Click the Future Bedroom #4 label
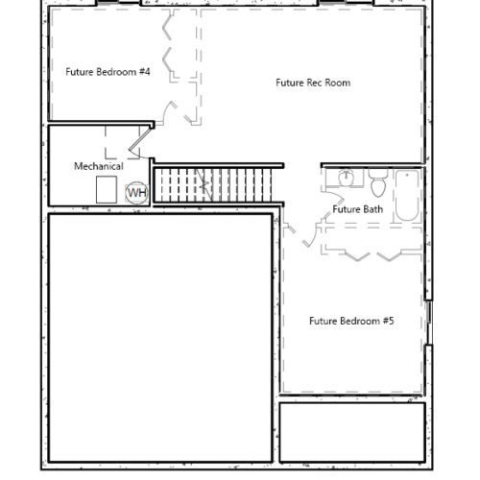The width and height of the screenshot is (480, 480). coord(108,72)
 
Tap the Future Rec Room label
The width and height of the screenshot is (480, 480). coord(313,83)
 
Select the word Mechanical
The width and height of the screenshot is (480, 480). coord(99,166)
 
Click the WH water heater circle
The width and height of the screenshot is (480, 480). coord(137,193)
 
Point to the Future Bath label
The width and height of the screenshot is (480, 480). coord(357,209)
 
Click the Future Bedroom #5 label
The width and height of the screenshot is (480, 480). coord(351,321)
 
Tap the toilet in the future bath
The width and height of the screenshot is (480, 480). coord(378,183)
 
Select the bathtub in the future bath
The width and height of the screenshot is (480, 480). coord(407,195)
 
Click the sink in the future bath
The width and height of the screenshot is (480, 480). coord(346,178)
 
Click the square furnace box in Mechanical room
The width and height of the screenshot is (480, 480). coord(107,189)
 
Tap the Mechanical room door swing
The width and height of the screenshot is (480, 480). coord(139,143)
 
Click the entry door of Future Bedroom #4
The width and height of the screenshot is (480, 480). coord(169,112)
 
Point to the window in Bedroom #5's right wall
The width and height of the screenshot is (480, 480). coord(429,323)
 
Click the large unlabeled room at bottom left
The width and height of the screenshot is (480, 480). coord(160,338)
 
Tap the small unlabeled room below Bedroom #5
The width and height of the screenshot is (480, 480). coord(352,432)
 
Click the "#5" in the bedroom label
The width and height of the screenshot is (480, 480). coord(389,321)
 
